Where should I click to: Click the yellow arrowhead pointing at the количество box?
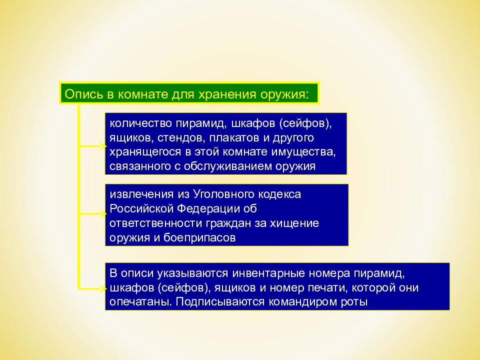(103, 146)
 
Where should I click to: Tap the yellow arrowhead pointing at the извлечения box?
(103, 213)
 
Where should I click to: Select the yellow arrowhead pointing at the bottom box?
(103, 288)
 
